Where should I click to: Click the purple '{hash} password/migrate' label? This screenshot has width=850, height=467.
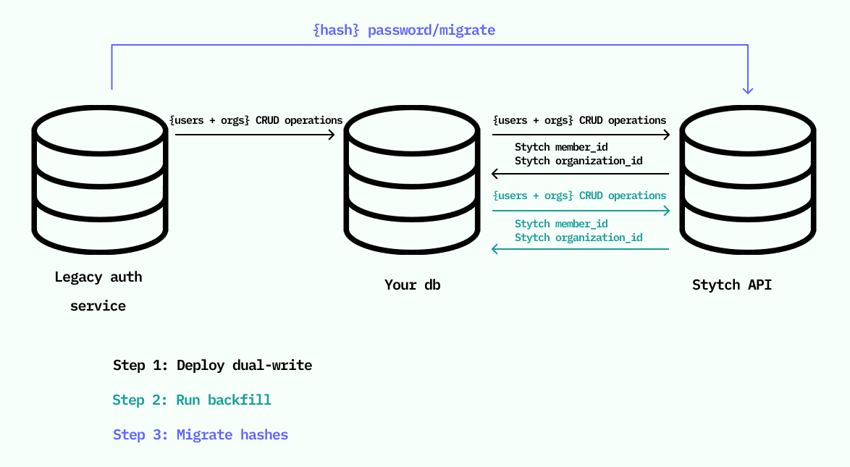pyautogui.click(x=405, y=30)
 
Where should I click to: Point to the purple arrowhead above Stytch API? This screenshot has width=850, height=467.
pyautogui.click(x=748, y=90)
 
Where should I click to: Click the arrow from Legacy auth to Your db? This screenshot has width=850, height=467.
pyautogui.click(x=255, y=134)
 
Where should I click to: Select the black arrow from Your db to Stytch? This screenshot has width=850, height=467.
pyautogui.click(x=581, y=134)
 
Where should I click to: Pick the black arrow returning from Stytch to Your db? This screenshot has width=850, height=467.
pyautogui.click(x=580, y=174)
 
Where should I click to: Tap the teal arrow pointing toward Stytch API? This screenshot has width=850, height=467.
pyautogui.click(x=581, y=211)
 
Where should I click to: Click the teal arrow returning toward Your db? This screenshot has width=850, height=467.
pyautogui.click(x=580, y=249)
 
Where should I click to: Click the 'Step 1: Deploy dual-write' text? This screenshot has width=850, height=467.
pyautogui.click(x=213, y=366)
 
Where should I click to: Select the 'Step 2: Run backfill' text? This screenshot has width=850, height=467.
pyautogui.click(x=192, y=400)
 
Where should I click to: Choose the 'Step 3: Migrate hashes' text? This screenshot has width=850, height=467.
pyautogui.click(x=201, y=435)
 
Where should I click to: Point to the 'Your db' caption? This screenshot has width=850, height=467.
pyautogui.click(x=413, y=285)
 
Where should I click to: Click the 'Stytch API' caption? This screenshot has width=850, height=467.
pyautogui.click(x=732, y=285)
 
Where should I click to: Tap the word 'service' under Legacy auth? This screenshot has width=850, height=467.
pyautogui.click(x=98, y=306)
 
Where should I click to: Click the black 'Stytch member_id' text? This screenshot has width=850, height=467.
pyautogui.click(x=561, y=147)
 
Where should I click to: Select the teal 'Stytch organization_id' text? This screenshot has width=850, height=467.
pyautogui.click(x=578, y=237)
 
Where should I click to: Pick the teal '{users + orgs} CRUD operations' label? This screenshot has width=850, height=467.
pyautogui.click(x=579, y=195)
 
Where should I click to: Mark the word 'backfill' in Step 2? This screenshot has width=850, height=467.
pyautogui.click(x=240, y=400)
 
